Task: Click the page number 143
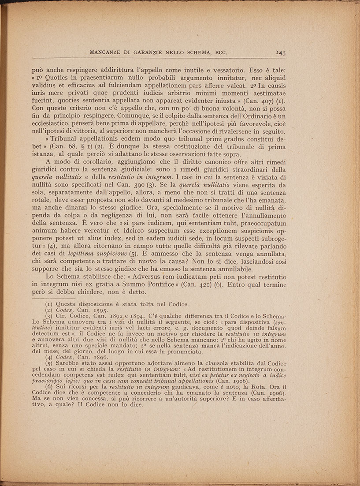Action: pyautogui.click(x=281, y=53)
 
